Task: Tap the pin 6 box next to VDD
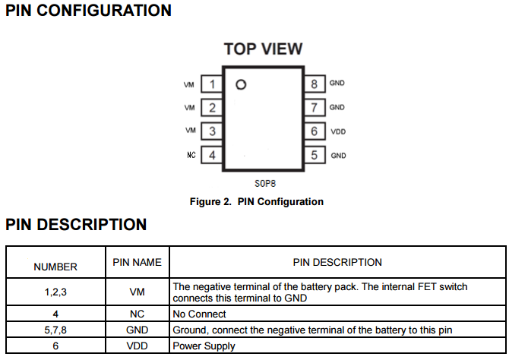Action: tap(314, 131)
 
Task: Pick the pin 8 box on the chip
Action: tap(314, 84)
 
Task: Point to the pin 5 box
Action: tap(314, 155)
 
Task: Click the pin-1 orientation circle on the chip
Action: tap(242, 84)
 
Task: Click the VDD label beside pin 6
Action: tap(338, 132)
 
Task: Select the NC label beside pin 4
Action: tap(191, 155)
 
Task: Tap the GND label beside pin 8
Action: tap(337, 83)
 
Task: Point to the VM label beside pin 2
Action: tap(190, 108)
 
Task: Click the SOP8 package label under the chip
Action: tap(264, 184)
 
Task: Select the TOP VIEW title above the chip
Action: tap(263, 49)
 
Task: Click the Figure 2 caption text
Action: tap(256, 202)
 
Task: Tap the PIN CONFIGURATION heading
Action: tap(88, 11)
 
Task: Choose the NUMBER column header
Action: tap(55, 267)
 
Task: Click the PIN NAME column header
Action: tap(137, 262)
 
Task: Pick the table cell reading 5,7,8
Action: tap(55, 330)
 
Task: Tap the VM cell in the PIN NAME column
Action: tap(137, 292)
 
